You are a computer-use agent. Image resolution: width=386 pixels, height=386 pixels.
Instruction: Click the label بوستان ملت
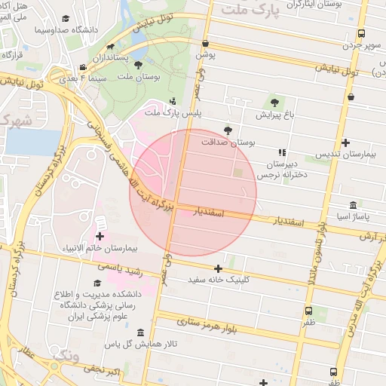(136, 77)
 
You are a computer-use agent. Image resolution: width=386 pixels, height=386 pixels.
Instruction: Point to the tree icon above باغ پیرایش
(272, 103)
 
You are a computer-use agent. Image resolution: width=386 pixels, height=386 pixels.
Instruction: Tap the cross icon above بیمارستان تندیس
(345, 142)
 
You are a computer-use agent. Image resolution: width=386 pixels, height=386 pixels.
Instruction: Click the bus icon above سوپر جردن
(361, 33)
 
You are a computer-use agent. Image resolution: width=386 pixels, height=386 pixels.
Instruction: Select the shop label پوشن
(206, 55)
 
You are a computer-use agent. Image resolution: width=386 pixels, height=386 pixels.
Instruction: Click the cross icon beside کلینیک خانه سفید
(218, 268)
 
